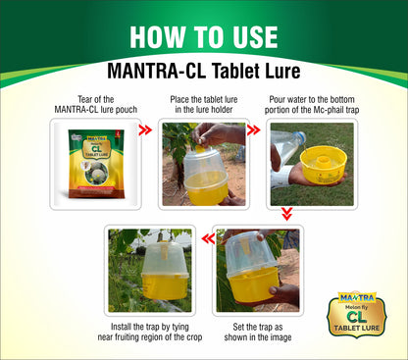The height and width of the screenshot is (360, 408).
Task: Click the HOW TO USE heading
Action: (x=204, y=37)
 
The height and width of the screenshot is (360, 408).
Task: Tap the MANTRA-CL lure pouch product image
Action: (x=96, y=164)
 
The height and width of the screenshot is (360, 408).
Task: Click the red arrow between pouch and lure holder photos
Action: (x=145, y=129)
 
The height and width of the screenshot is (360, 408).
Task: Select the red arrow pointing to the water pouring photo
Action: (x=253, y=129)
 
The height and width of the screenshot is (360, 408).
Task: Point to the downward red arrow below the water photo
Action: (x=286, y=214)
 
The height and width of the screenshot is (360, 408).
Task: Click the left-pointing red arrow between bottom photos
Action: (x=208, y=238)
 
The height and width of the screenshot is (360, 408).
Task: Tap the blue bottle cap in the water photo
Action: (x=299, y=136)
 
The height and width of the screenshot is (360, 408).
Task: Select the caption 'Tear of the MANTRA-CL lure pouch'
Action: (x=96, y=104)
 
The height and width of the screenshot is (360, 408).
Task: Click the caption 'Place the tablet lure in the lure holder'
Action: (x=204, y=104)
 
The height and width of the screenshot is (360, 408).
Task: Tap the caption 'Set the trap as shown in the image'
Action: (x=258, y=332)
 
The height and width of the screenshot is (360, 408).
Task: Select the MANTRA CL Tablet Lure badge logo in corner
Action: (x=357, y=314)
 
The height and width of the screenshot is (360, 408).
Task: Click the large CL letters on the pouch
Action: (x=97, y=149)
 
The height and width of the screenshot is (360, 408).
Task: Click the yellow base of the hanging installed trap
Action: (x=166, y=285)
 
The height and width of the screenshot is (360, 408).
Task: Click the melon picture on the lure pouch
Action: (x=96, y=173)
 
